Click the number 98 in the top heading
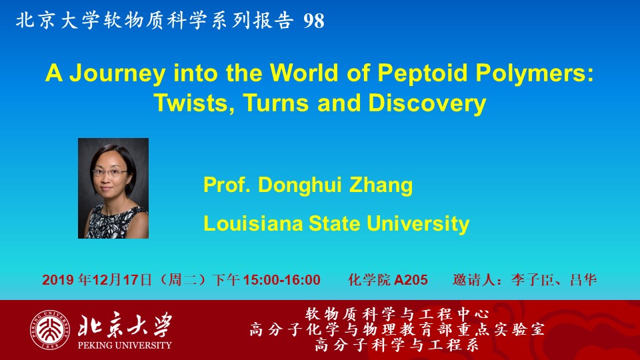pyautogui.click(x=313, y=21)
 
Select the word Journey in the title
pyautogui.click(x=117, y=74)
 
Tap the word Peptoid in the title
pyautogui.click(x=422, y=74)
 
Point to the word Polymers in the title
pyautogui.click(x=535, y=74)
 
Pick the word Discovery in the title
pyautogui.click(x=427, y=103)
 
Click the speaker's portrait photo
pyautogui.click(x=113, y=188)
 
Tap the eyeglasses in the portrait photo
pyautogui.click(x=110, y=172)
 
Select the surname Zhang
pyautogui.click(x=381, y=185)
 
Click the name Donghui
pyautogui.click(x=299, y=185)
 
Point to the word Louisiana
pyautogui.click(x=253, y=224)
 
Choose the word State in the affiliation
pyautogui.click(x=334, y=224)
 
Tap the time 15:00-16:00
pyautogui.click(x=281, y=280)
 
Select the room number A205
pyautogui.click(x=411, y=280)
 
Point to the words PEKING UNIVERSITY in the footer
pyautogui.click(x=125, y=345)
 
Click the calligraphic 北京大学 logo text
pyautogui.click(x=125, y=325)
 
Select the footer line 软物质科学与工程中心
pyautogui.click(x=397, y=314)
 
